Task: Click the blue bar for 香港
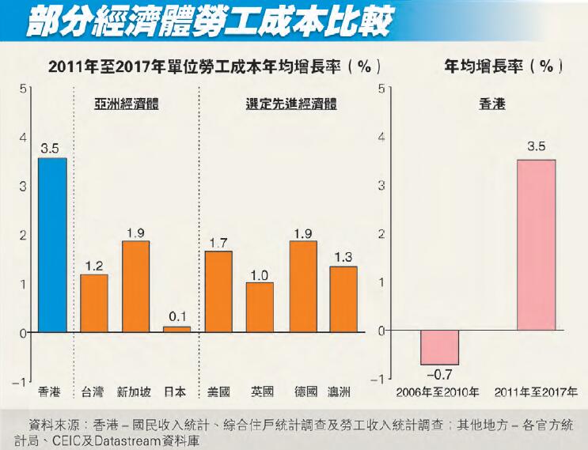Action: tap(52, 245)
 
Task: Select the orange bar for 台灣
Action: tap(94, 303)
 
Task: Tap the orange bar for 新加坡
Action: tap(135, 286)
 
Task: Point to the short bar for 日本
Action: tap(176, 328)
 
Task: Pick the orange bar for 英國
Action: tap(260, 307)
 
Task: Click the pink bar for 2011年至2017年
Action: tap(536, 245)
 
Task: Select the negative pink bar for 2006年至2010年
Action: tap(439, 347)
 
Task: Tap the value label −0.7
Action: tap(439, 374)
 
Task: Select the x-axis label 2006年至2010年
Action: tap(439, 391)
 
